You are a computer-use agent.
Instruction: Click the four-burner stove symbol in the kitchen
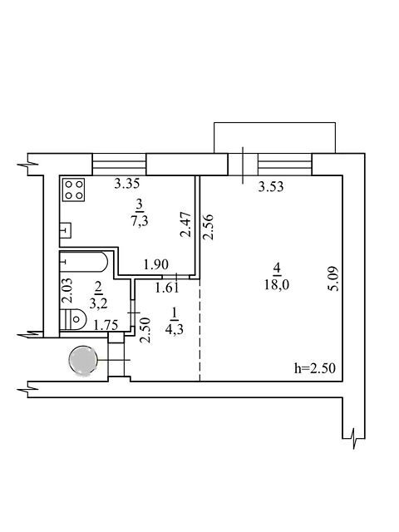point(74,190)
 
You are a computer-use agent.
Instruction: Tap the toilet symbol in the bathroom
point(73,319)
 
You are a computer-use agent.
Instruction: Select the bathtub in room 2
point(84,262)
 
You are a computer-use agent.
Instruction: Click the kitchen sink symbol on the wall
point(66,230)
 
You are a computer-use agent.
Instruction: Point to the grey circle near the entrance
point(83,360)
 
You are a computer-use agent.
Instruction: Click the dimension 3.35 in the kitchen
point(127,184)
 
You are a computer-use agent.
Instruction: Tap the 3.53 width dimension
point(271,186)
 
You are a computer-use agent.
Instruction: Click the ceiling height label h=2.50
point(315,368)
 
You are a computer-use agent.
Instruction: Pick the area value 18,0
point(277,285)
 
